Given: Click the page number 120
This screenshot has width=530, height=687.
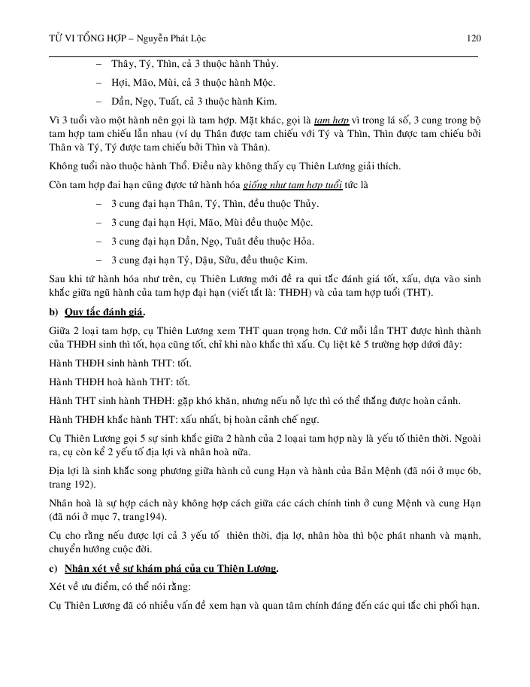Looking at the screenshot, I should tap(474, 38).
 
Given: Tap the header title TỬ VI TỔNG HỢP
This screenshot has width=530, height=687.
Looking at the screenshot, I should tap(83, 38).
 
